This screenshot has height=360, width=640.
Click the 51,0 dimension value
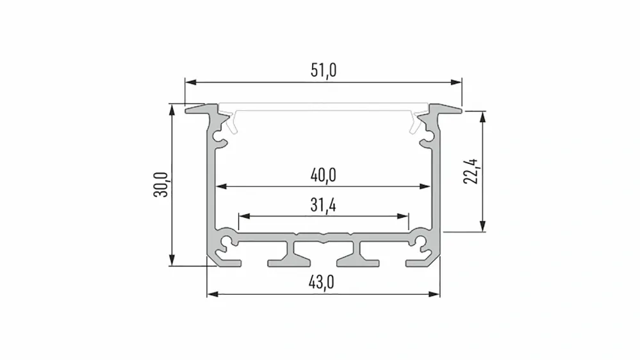pos(324,70)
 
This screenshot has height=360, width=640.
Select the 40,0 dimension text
pos(324,176)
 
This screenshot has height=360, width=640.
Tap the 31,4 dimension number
pos(324,205)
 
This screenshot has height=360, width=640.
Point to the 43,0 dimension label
pos(322,282)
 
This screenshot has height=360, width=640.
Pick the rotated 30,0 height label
pos(161,184)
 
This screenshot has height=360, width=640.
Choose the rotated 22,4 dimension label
pos(471,172)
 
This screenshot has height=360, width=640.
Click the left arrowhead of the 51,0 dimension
pos(190,82)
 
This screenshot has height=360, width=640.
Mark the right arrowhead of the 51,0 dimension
pos(456,82)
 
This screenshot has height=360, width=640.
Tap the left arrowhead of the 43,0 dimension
pos(212,294)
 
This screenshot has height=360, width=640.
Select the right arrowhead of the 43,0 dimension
pos(435,294)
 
